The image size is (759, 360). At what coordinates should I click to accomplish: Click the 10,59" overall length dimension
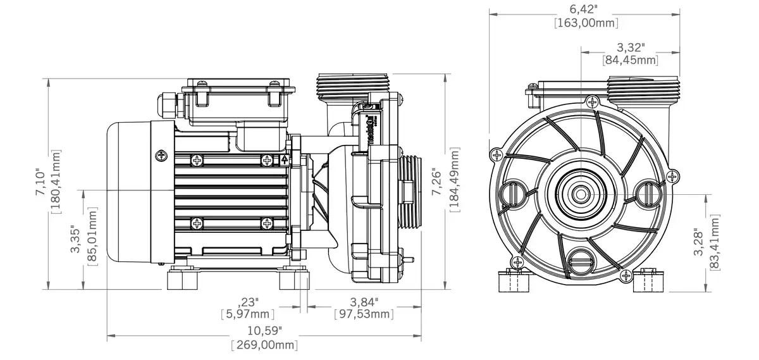point(264,330)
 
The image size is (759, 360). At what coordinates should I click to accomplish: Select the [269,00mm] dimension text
point(264,345)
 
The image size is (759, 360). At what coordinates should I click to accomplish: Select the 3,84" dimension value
point(364,301)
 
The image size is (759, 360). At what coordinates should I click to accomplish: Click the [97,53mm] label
point(364,314)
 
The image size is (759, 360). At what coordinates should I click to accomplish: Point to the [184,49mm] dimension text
point(455,181)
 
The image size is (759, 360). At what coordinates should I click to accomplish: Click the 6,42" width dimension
point(586,9)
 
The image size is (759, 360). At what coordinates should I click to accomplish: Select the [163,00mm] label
point(586,23)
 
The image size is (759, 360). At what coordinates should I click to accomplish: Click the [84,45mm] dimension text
point(630,61)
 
